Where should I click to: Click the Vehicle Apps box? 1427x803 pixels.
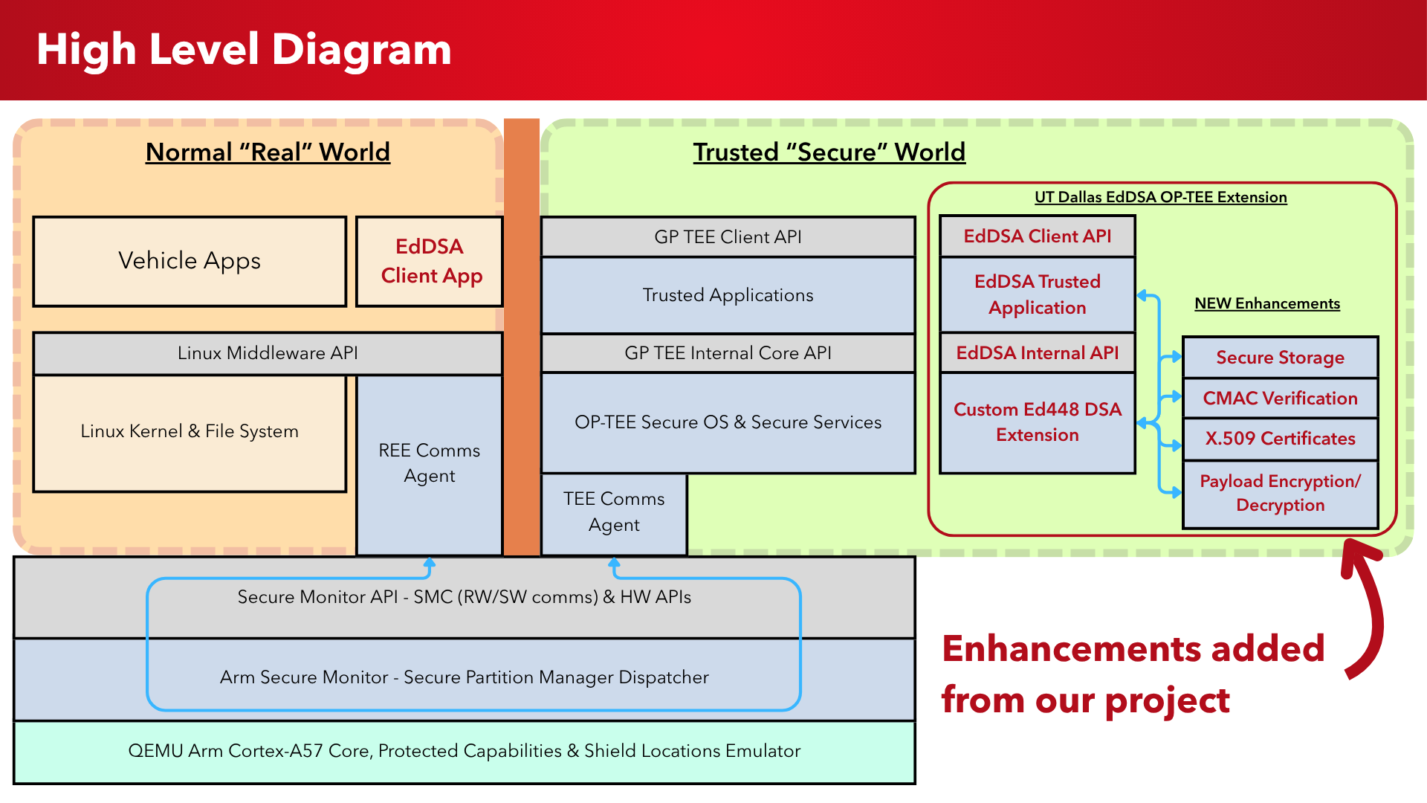pos(190,261)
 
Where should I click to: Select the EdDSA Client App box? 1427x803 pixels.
pos(430,261)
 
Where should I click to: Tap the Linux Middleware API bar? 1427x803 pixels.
pos(268,353)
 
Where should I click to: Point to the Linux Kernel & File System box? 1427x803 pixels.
pos(190,432)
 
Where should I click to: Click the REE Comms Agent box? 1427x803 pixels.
pos(430,463)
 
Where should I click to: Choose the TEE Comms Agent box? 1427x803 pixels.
pos(614,512)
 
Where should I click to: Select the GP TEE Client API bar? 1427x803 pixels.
pos(728,237)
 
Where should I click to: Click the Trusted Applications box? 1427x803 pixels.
pos(728,295)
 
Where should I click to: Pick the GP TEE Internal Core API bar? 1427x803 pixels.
pos(728,353)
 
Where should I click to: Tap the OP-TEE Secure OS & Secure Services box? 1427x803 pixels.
pos(728,422)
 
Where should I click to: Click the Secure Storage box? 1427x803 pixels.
pos(1280,358)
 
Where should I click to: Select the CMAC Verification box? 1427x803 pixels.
pos(1280,399)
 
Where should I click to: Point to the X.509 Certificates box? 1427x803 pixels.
pos(1280,439)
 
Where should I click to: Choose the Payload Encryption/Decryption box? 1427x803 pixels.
pos(1280,494)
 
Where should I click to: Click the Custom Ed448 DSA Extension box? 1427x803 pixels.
pos(1038,422)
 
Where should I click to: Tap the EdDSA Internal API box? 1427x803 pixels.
pos(1038,353)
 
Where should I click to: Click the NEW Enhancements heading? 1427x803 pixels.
pos(1267,303)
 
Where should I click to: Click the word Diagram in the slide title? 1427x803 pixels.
pos(362,50)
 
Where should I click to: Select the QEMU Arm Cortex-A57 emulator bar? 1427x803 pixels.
pos(464,752)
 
